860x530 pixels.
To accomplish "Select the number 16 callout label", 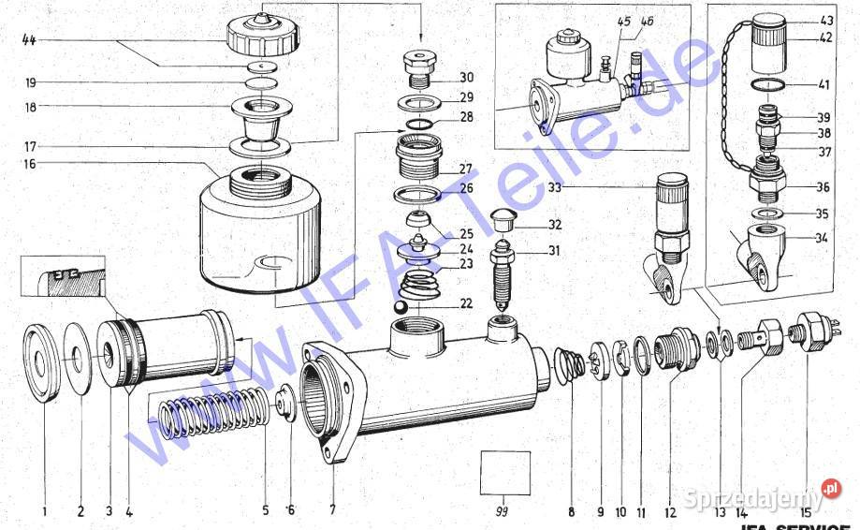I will coord(31,164).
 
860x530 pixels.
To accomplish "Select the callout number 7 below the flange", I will coord(333,511).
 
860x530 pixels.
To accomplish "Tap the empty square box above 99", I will coord(504,473).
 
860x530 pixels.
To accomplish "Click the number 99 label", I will coord(504,512).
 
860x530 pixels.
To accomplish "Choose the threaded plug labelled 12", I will coord(678,350).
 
